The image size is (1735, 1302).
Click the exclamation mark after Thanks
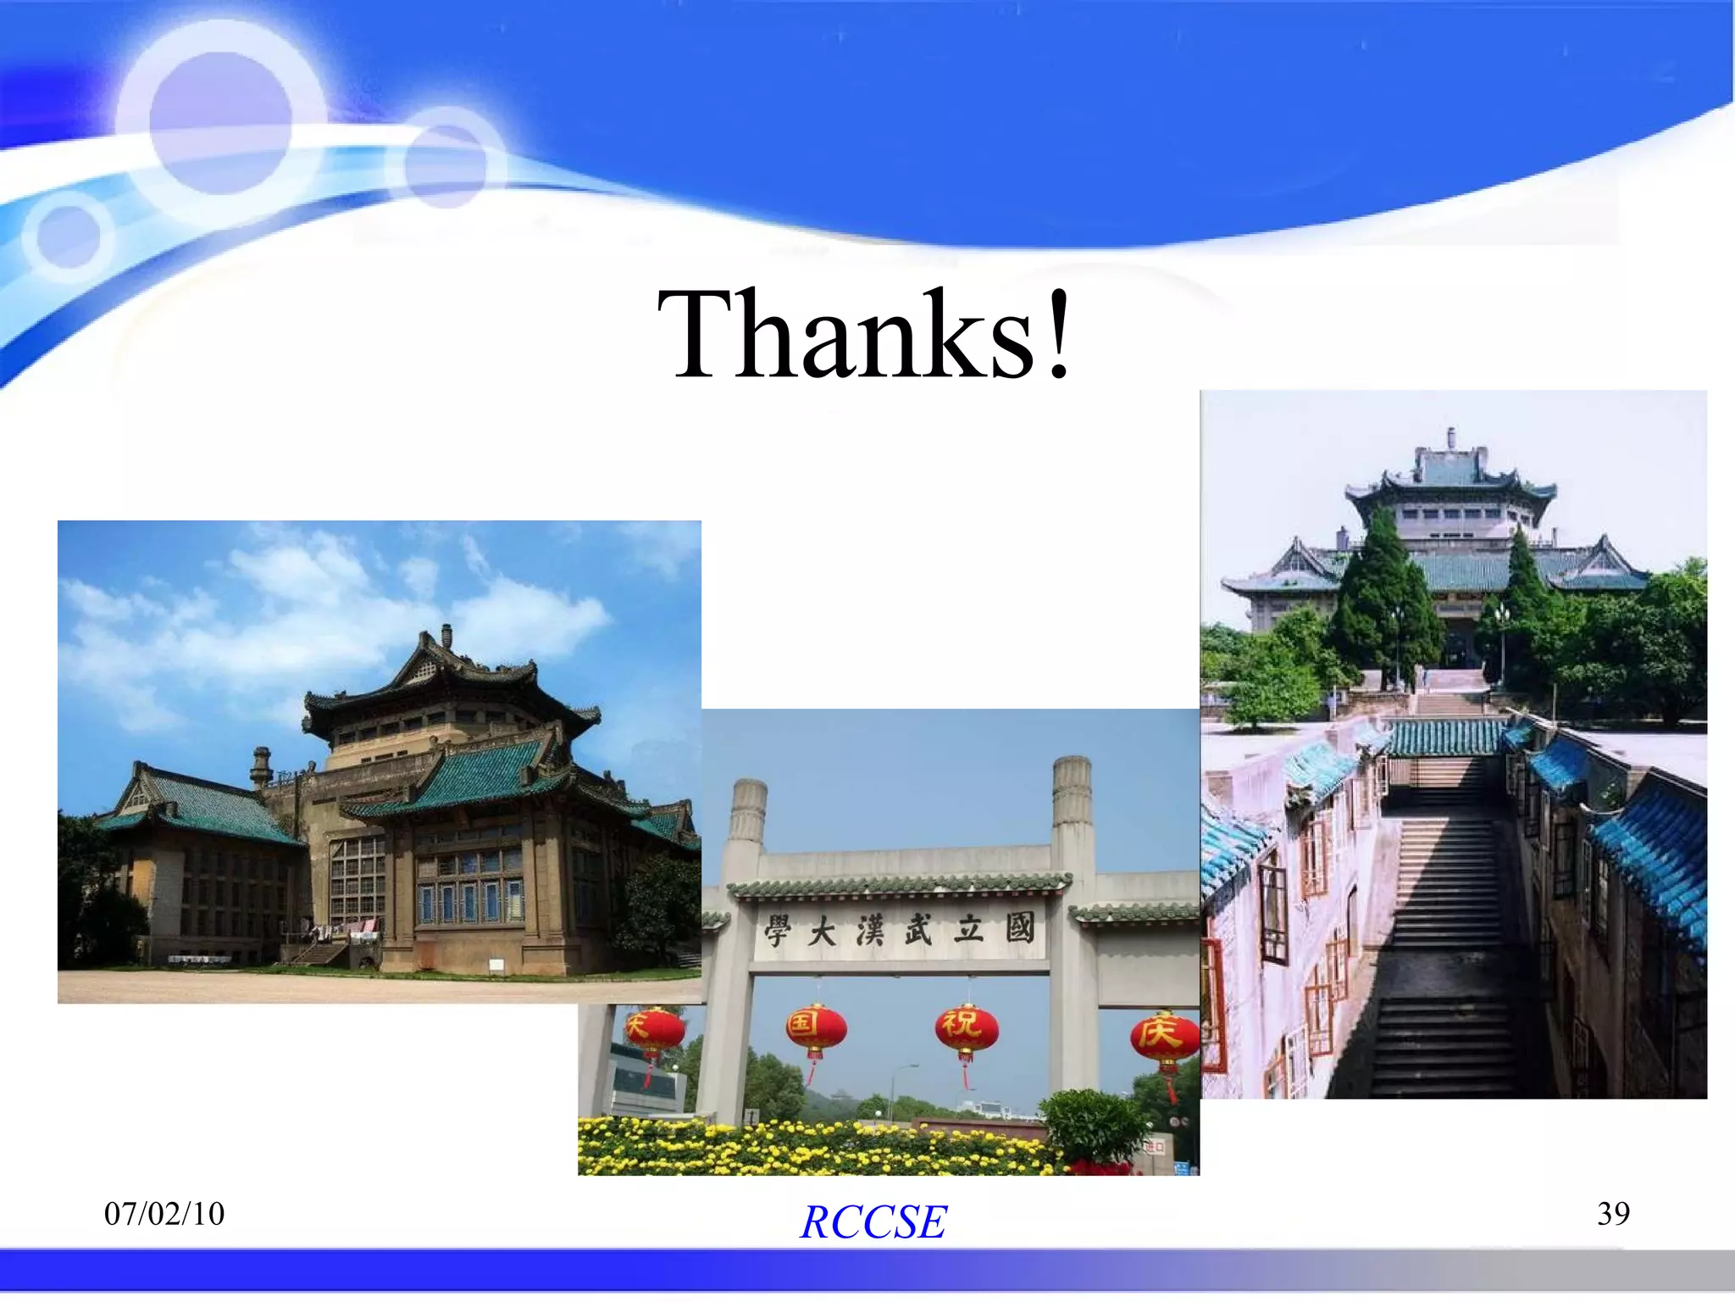point(1058,334)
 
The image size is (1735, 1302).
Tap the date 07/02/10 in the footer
point(164,1214)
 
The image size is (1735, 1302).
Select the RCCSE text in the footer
point(873,1221)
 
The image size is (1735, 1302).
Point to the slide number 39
point(1613,1214)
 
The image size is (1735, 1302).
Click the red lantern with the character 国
point(815,1029)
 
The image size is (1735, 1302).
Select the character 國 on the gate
point(1020,928)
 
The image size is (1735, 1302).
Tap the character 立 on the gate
point(968,930)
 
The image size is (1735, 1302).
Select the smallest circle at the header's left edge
point(69,236)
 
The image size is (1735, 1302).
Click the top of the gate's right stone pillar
point(1072,767)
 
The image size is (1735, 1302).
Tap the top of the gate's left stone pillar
point(749,790)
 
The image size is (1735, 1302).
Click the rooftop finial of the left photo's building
point(446,634)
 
